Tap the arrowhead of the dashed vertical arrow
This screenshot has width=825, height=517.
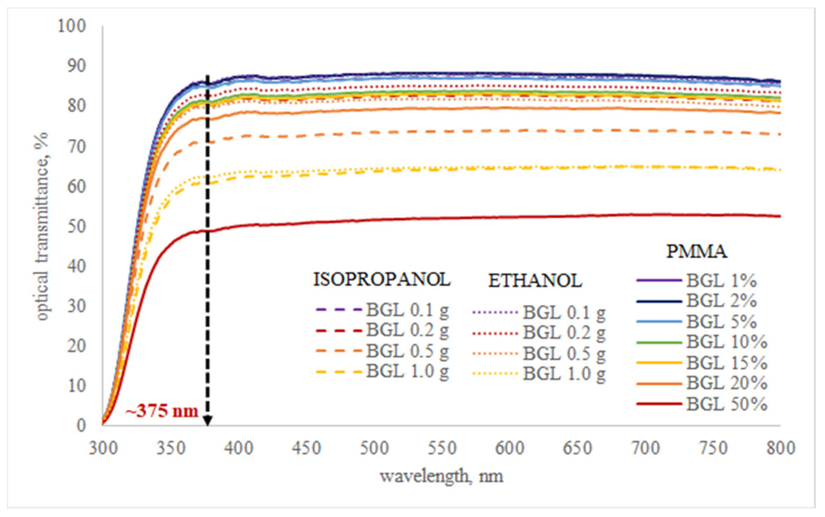pyautogui.click(x=207, y=421)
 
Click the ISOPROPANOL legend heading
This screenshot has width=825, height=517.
pyautogui.click(x=382, y=279)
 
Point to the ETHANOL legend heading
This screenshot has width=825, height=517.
pyautogui.click(x=535, y=281)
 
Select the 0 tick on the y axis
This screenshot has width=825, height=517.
pyautogui.click(x=81, y=426)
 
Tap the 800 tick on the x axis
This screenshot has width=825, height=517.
pyautogui.click(x=780, y=448)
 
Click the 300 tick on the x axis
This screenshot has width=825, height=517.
pyautogui.click(x=103, y=448)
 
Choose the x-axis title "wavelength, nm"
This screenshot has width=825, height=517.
pyautogui.click(x=441, y=476)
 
